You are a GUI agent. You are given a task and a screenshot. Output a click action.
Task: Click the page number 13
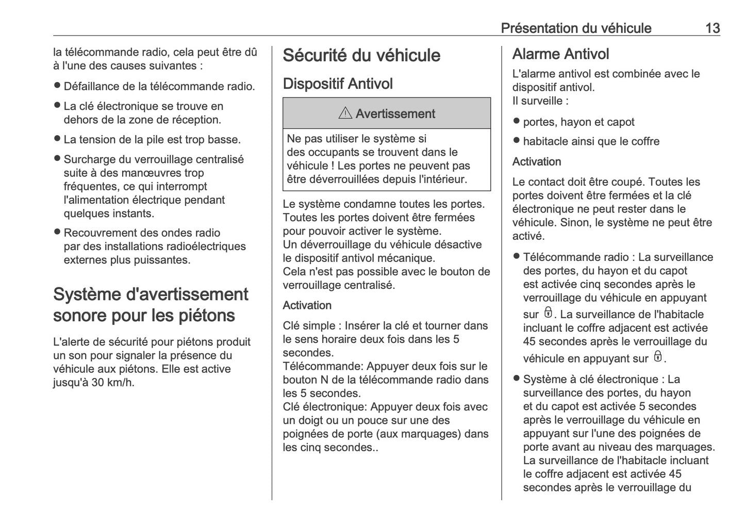[712, 28]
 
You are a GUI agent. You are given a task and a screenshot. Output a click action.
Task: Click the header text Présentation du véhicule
[576, 28]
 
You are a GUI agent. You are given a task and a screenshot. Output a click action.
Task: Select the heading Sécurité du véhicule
[361, 56]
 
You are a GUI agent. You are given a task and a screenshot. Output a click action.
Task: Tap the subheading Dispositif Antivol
[337, 84]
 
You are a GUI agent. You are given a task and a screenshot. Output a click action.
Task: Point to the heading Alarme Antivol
[560, 54]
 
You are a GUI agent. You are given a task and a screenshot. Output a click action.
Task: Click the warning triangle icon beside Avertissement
[345, 113]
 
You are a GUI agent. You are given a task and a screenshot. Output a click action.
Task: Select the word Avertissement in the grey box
[395, 114]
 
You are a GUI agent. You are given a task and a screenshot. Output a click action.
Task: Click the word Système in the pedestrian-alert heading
[87, 294]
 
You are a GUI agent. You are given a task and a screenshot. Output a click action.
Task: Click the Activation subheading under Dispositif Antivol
[307, 305]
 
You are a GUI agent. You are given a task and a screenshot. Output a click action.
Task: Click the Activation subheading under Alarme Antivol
[536, 162]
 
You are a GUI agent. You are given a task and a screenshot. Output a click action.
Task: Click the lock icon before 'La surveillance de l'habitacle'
[548, 313]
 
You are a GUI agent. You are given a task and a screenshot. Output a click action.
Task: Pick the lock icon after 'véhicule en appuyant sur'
[657, 357]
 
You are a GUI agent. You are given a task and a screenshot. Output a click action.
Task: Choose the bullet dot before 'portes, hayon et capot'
[516, 122]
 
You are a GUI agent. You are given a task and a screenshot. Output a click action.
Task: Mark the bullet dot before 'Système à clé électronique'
[516, 379]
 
